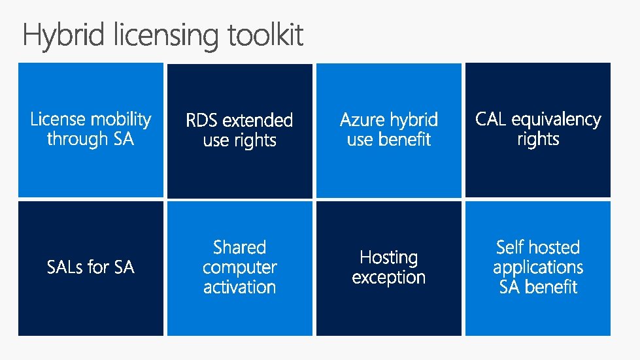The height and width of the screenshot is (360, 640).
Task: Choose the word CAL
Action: coord(492,120)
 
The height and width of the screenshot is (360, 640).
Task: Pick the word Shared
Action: coord(239,248)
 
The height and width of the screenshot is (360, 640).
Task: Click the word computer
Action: coord(239,268)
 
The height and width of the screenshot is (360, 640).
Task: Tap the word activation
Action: coord(239,287)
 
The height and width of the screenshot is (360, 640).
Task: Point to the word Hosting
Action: coord(388,257)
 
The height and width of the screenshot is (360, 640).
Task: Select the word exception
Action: coord(388,278)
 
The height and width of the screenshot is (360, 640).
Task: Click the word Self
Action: coord(509,248)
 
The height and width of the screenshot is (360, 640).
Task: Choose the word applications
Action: coord(537,268)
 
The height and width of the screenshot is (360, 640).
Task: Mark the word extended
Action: coord(258,120)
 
